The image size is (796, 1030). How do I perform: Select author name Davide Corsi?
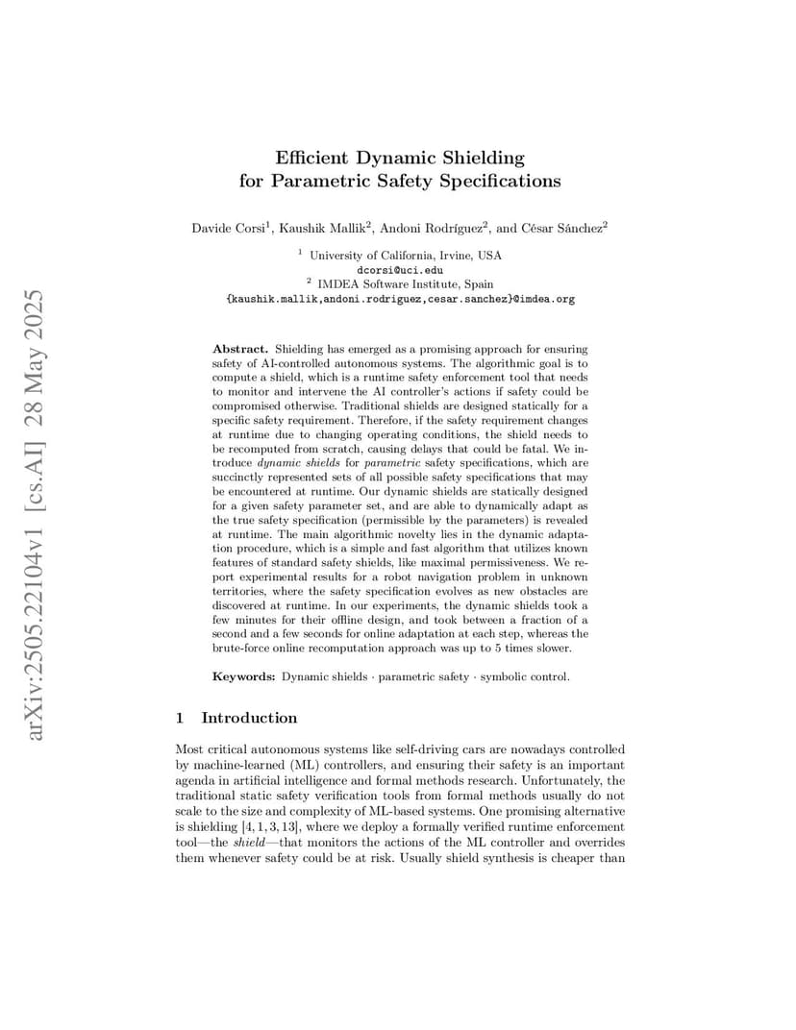click(227, 229)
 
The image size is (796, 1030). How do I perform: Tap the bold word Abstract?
click(239, 348)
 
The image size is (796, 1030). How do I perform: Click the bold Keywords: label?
click(244, 676)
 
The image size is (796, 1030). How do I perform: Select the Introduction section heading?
click(249, 718)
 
